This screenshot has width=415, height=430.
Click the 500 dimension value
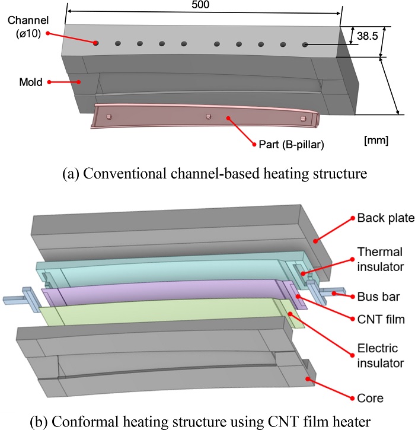[200, 5]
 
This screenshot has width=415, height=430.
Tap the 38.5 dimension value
[364, 37]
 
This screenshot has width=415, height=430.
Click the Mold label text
[30, 82]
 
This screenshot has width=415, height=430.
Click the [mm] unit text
[376, 140]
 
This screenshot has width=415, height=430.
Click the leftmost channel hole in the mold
[95, 42]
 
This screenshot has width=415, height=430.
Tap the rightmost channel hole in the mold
[305, 44]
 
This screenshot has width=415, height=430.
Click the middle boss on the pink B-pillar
[207, 116]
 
